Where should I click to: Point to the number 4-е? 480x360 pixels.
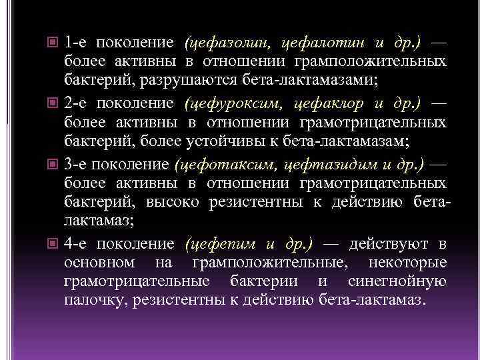point(77,244)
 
